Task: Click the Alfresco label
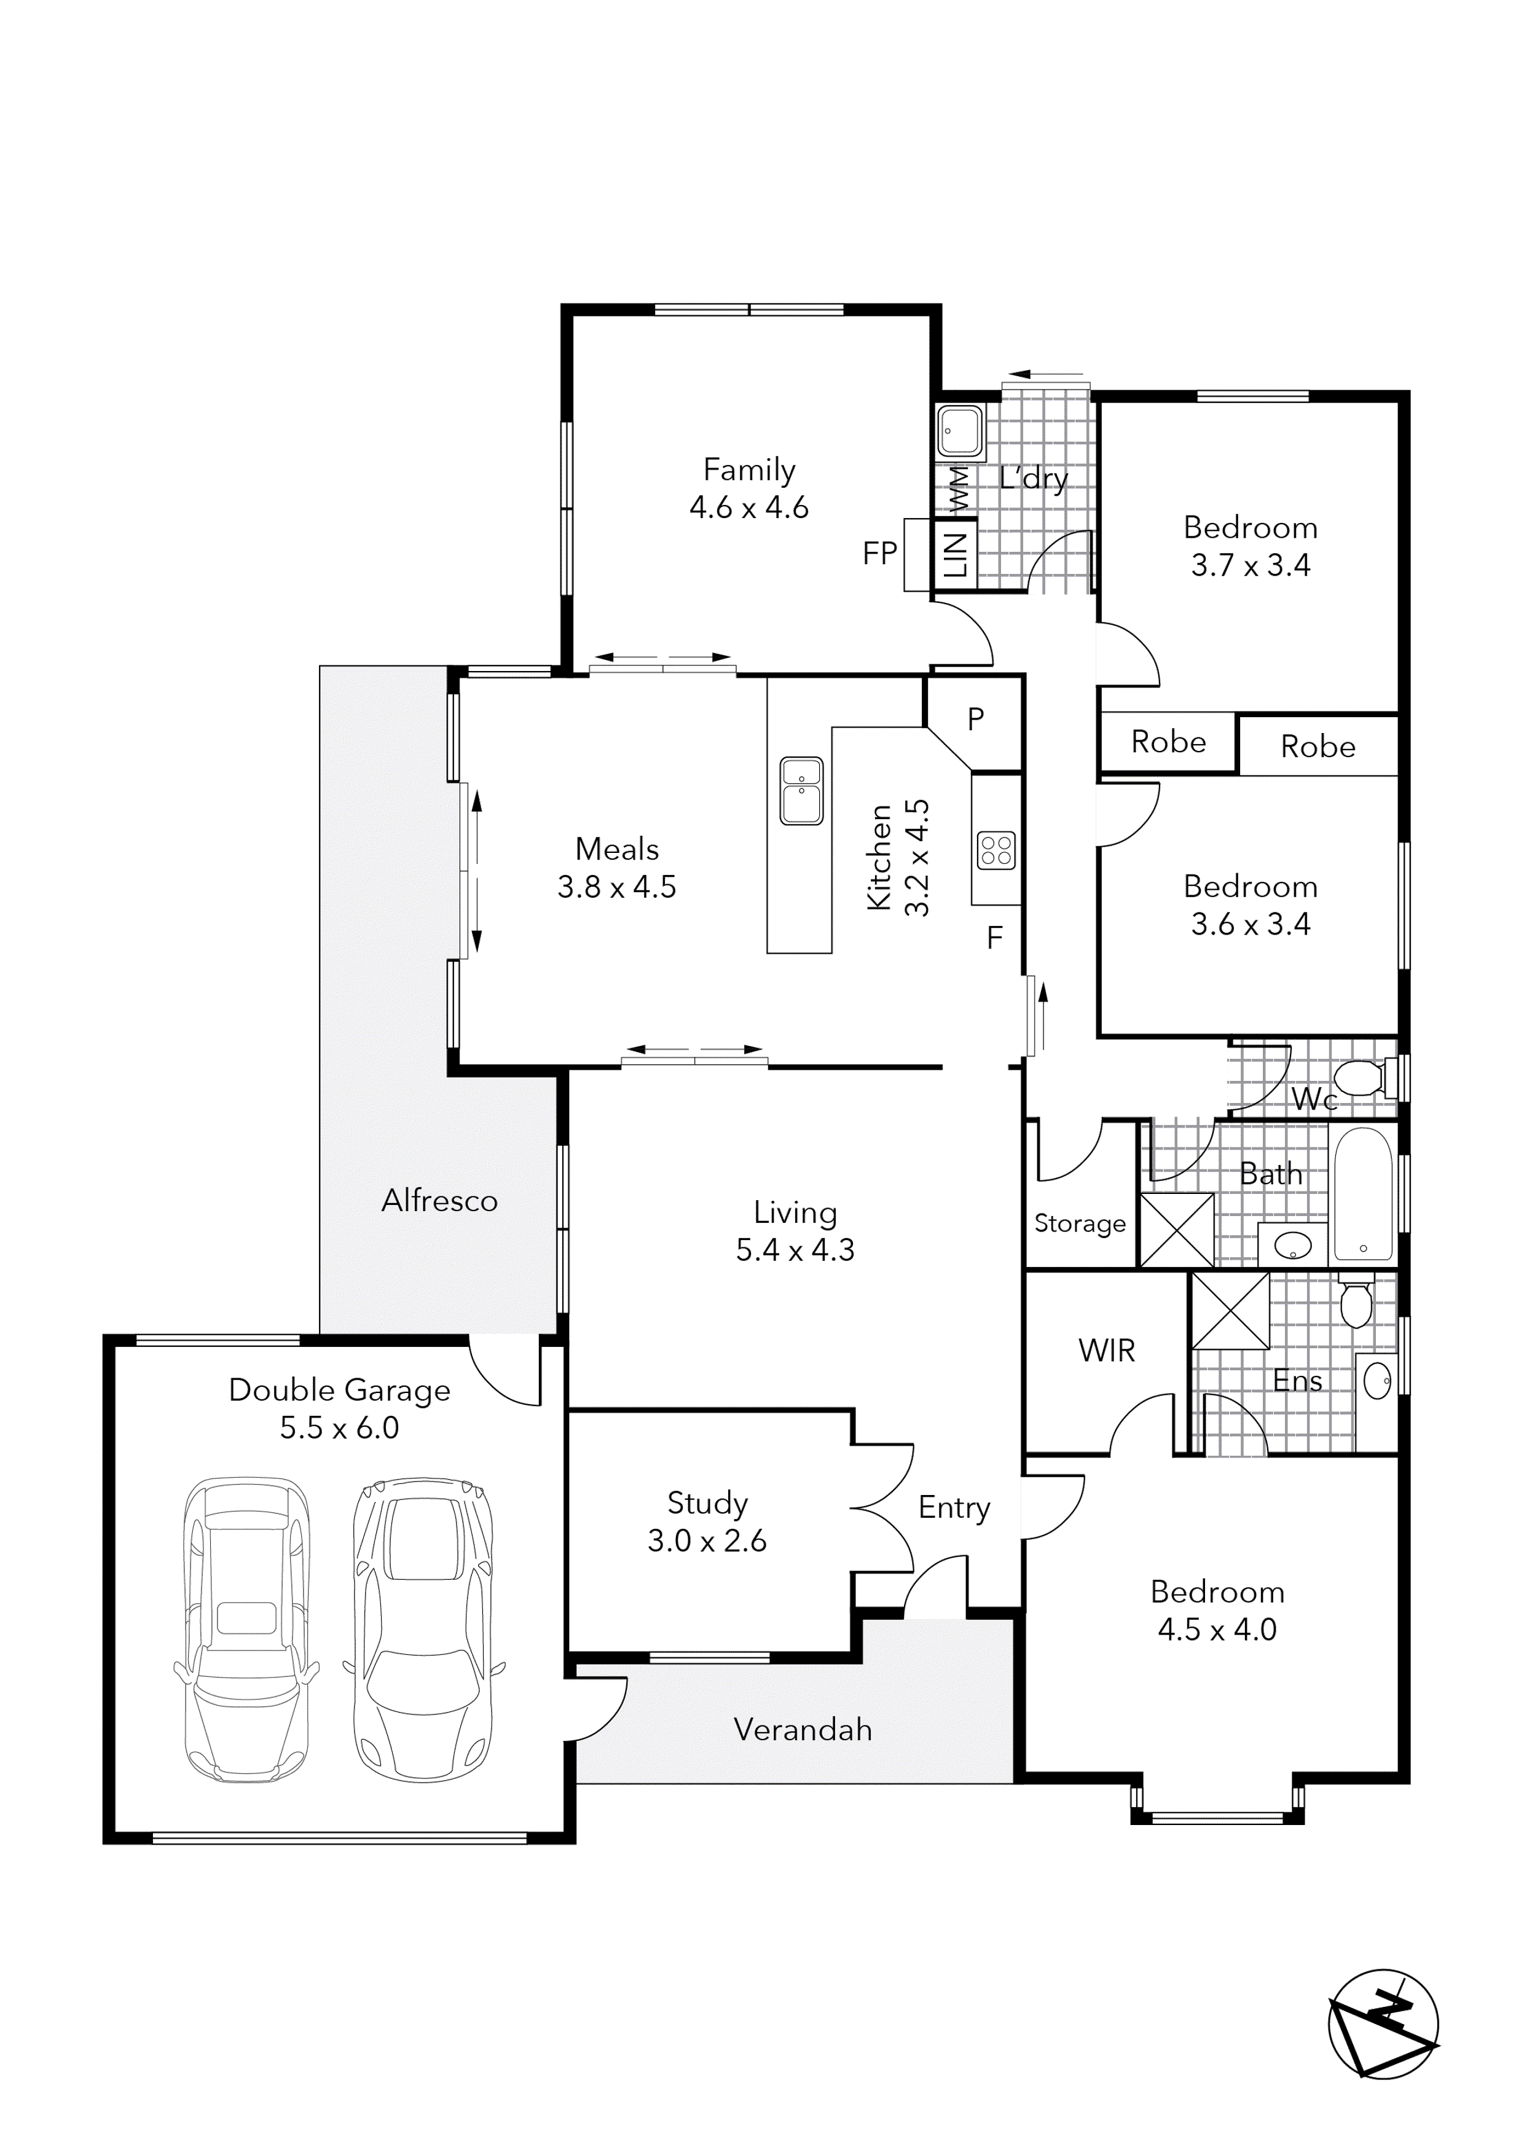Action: coord(439,1201)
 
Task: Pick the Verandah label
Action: coord(803,1729)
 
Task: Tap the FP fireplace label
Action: coord(879,554)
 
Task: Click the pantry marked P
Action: coord(976,719)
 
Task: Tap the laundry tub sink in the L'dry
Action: coord(960,433)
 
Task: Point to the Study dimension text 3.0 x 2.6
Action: coord(707,1541)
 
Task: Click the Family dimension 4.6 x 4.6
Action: coord(749,508)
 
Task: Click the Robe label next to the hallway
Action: coord(1168,742)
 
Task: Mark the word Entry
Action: coord(954,1507)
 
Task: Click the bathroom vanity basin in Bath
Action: coord(1293,1246)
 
